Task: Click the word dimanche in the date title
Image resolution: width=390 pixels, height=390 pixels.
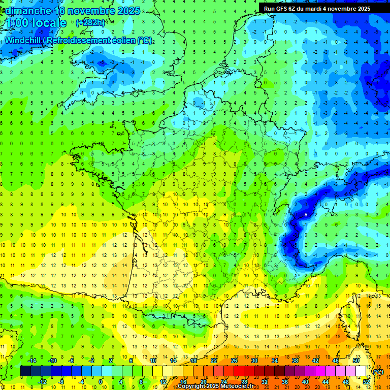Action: click(28, 11)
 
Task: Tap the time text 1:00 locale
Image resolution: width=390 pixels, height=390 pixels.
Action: click(37, 23)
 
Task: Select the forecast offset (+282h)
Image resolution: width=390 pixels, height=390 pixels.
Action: click(90, 23)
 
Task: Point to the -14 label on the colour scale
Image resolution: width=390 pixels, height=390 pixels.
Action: click(31, 361)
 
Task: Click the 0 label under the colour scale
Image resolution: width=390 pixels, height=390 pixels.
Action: click(101, 381)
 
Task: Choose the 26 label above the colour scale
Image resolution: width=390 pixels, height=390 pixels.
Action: click(234, 361)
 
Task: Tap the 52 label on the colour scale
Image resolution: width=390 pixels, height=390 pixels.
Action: click(366, 381)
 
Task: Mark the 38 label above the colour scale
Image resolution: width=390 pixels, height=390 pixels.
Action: click(295, 361)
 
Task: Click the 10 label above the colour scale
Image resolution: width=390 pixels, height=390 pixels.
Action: click(153, 361)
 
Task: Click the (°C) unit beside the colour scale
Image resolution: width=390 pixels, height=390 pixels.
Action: click(378, 371)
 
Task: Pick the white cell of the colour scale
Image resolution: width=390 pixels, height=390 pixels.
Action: click(361, 371)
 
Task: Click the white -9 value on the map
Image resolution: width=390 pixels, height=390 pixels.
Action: click(305, 215)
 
